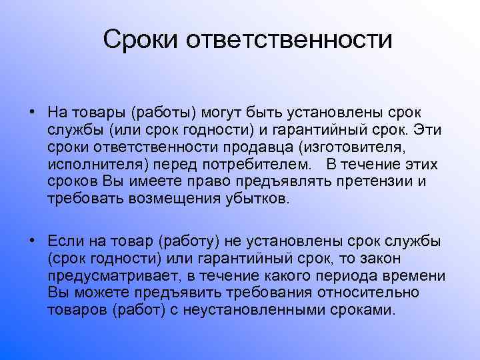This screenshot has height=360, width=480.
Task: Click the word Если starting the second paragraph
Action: click(x=65, y=241)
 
